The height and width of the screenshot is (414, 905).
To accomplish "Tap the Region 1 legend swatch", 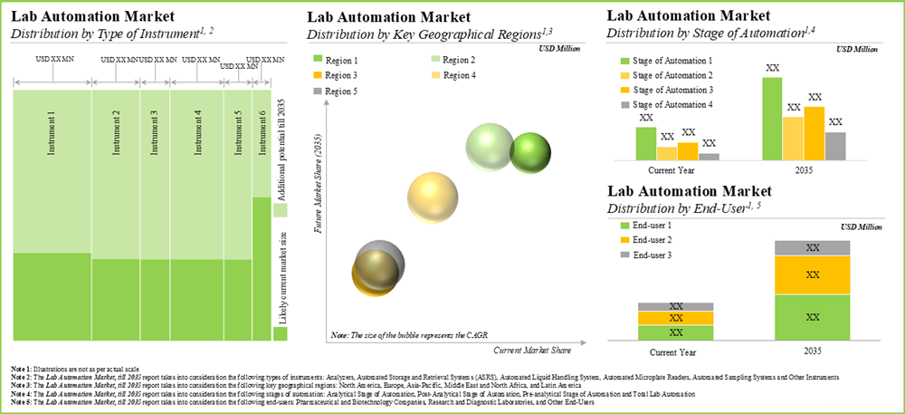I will (x=317, y=59).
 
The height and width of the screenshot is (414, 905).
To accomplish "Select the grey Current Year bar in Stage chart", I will (x=709, y=156).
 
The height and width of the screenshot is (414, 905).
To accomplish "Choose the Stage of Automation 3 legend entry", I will (x=660, y=91).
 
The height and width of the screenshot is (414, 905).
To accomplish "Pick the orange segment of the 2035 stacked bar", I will (x=812, y=274).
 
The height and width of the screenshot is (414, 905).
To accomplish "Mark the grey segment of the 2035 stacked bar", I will (x=812, y=247).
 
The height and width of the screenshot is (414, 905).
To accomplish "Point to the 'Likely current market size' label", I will (x=281, y=280).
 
